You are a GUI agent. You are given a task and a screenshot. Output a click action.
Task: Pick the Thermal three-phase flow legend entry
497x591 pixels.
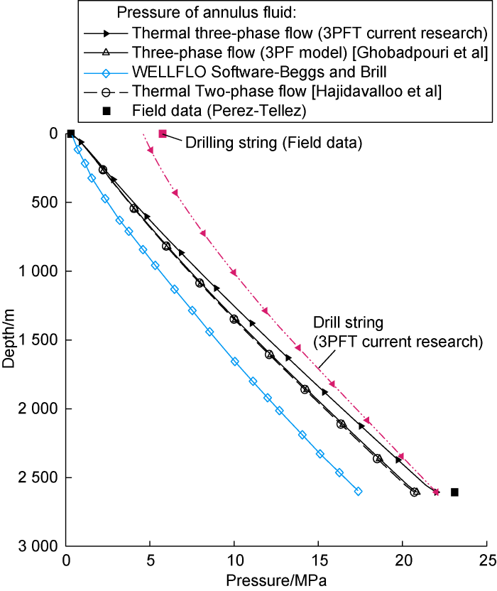[x=308, y=33]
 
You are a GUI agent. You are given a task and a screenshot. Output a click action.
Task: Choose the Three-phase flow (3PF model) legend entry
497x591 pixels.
[x=309, y=52]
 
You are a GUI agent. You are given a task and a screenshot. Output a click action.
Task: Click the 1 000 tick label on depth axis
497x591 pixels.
[x=38, y=271]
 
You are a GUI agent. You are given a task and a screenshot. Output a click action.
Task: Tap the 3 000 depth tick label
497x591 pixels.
[x=38, y=546]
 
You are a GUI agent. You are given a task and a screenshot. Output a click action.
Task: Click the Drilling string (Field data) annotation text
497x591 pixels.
[x=273, y=143]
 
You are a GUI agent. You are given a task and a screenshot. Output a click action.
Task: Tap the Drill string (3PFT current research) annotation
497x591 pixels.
[x=398, y=332]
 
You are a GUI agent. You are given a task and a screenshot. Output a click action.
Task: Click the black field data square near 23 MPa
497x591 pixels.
[x=454, y=492]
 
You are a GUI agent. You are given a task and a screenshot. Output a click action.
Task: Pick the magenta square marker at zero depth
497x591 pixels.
[x=163, y=134]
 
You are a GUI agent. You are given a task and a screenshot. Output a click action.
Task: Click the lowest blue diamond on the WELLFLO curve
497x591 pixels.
[x=358, y=491]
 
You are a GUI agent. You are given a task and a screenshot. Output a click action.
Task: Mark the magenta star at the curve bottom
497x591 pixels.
[x=436, y=492]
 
